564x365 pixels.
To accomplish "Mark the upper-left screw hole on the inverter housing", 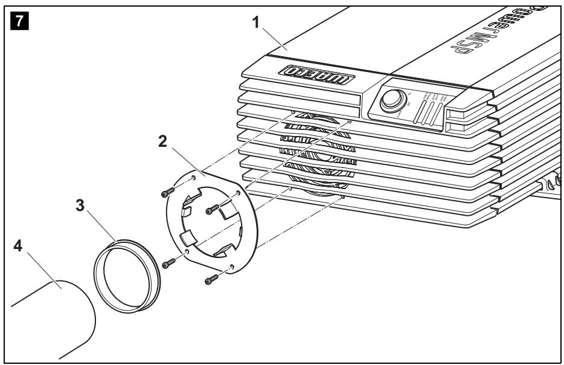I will pos(293,112).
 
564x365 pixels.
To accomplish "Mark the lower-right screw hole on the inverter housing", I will pos(342,196).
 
